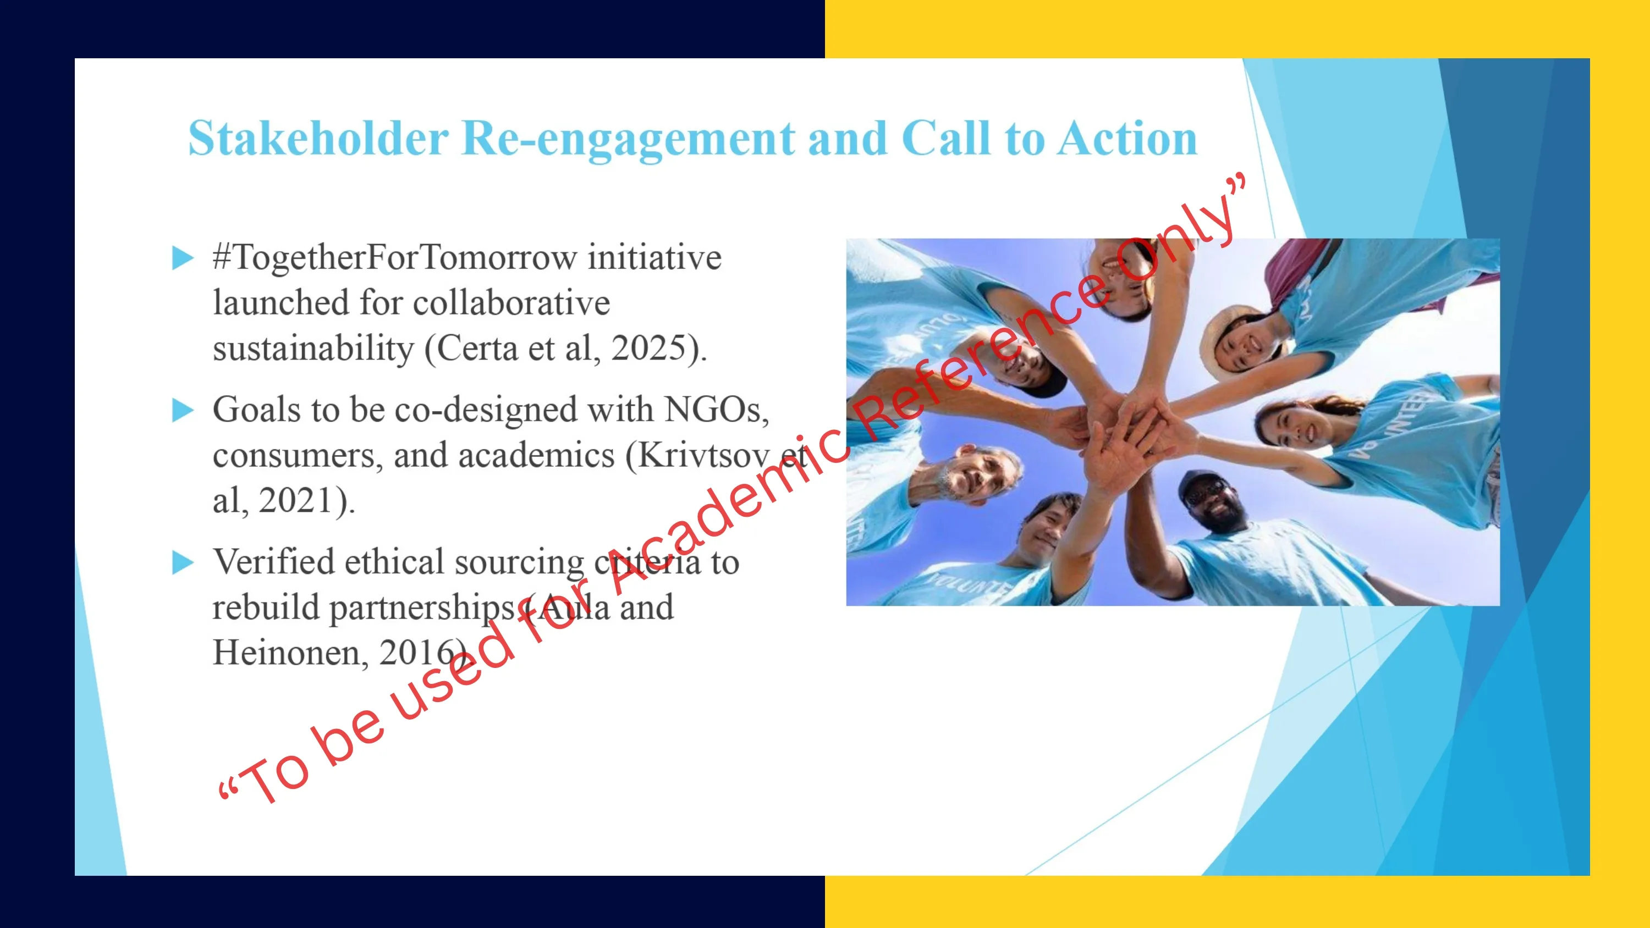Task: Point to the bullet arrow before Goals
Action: [x=183, y=411]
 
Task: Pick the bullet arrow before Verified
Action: [x=183, y=563]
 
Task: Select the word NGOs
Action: [x=716, y=410]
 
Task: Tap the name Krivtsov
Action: [x=703, y=455]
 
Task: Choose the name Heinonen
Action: [x=290, y=653]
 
